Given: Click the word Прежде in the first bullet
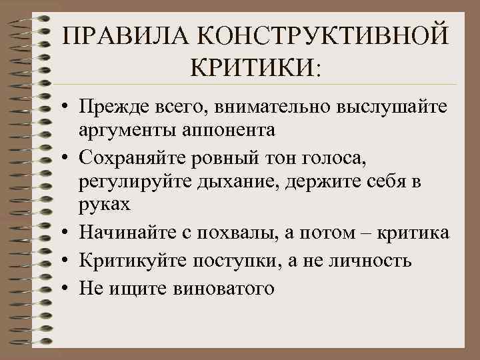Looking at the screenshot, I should coord(112,107).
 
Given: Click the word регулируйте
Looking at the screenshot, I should coord(135,181).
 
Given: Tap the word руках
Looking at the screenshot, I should coord(104,203).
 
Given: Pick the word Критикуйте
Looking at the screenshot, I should coord(133,260).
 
